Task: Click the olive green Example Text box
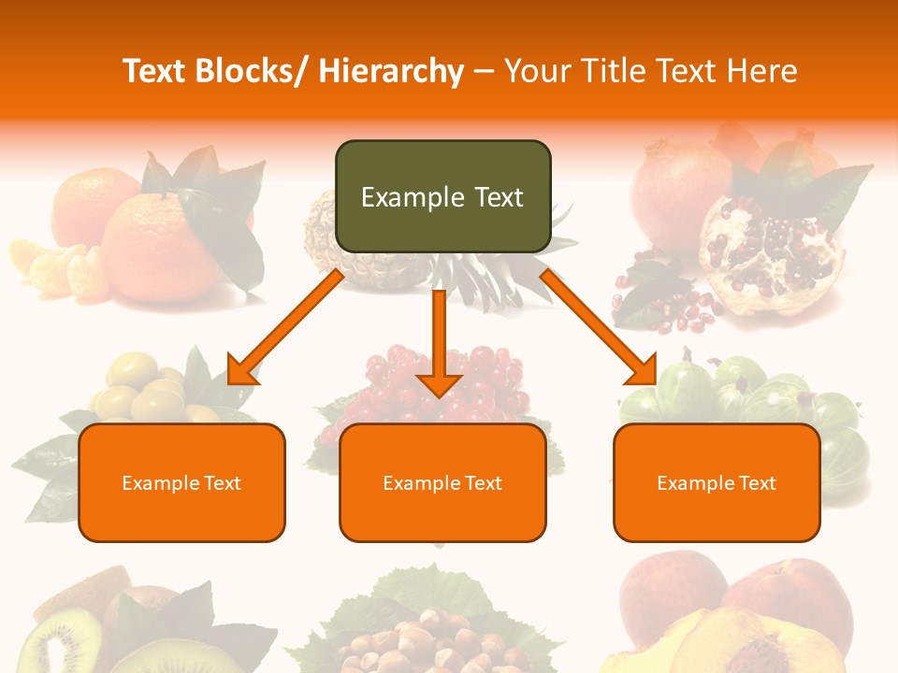(442, 196)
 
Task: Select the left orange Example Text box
(181, 482)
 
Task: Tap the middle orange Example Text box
(442, 482)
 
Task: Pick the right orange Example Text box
(717, 482)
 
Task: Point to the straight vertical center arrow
(439, 342)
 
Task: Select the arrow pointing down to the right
(599, 327)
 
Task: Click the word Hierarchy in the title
(391, 71)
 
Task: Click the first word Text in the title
(157, 71)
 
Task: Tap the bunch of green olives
(150, 388)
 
